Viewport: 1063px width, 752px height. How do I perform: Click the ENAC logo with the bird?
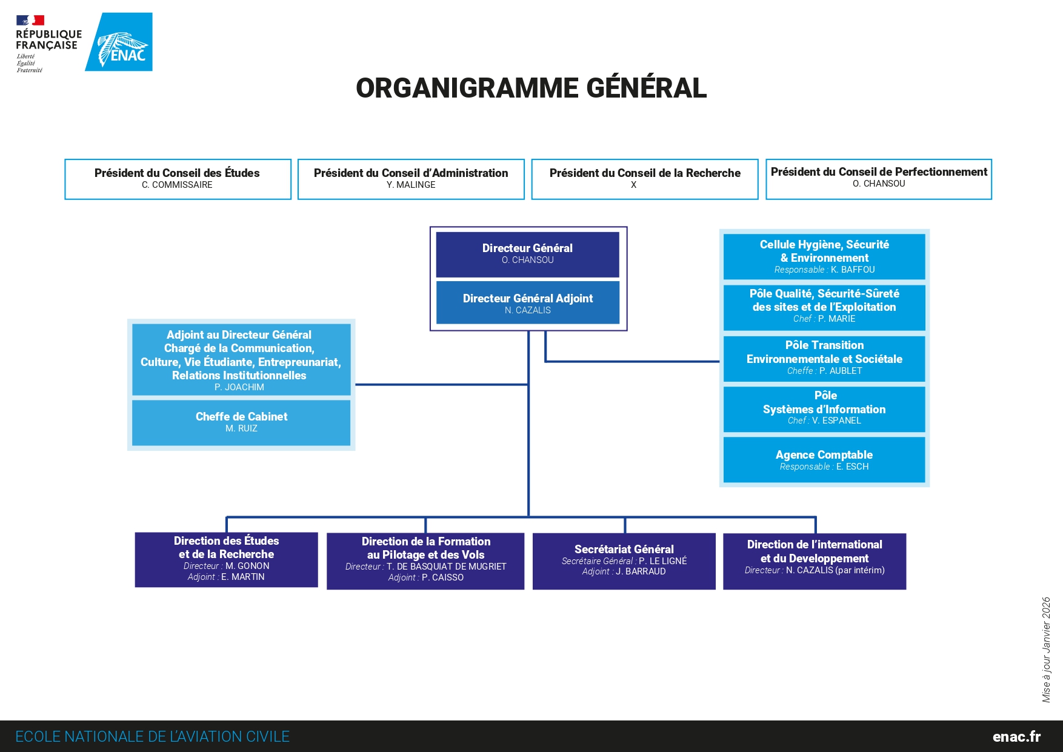click(x=119, y=42)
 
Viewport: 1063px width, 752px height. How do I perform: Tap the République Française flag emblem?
click(x=30, y=21)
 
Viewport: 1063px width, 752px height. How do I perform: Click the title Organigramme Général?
click(x=531, y=88)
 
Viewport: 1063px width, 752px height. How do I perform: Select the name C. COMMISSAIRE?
click(x=177, y=185)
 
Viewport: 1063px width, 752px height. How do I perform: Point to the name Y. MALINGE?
click(x=411, y=185)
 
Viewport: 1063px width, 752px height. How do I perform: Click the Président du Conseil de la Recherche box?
click(x=645, y=179)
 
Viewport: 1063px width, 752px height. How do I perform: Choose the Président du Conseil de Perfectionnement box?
click(x=879, y=179)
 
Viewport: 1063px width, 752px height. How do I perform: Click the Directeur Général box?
click(x=527, y=254)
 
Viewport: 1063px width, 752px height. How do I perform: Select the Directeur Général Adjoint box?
click(x=527, y=303)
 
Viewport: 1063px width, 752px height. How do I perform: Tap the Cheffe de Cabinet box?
click(x=241, y=422)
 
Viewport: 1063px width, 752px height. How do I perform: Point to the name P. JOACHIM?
click(x=239, y=387)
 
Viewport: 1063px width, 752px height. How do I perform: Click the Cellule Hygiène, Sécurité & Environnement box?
click(x=824, y=256)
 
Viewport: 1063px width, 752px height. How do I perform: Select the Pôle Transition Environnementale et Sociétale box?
click(x=824, y=358)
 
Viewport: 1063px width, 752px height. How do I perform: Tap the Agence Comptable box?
click(x=824, y=460)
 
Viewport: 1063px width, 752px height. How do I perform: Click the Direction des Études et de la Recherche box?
click(x=226, y=559)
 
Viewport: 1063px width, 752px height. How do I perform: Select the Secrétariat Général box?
click(x=624, y=561)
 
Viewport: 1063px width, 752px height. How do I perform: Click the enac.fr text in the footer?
click(x=1016, y=737)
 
